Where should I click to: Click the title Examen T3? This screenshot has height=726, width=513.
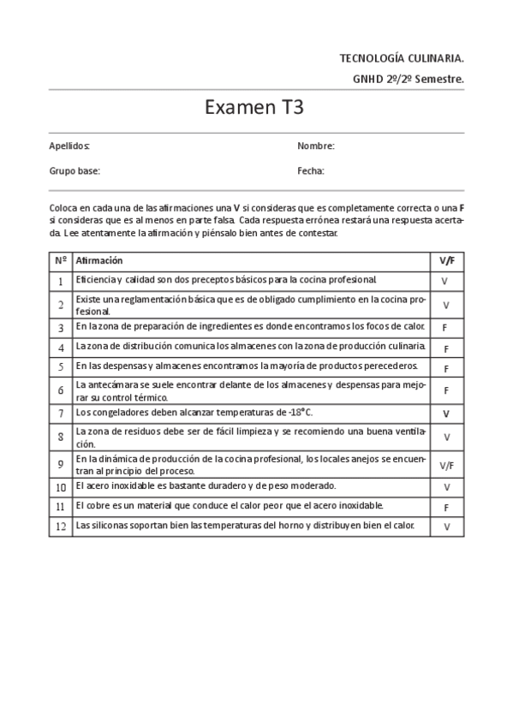254,109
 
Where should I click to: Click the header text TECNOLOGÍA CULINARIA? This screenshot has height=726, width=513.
402,58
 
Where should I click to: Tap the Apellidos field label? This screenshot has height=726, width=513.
69,146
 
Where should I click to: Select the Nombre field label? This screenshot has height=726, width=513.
315,146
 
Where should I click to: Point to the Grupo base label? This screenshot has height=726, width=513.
75,171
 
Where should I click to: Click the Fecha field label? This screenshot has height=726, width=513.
311,171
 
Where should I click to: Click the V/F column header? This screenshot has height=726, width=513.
445,260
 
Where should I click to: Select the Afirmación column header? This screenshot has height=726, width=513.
99,260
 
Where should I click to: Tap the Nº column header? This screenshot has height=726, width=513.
61,260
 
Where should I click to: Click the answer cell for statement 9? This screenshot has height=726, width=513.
445,467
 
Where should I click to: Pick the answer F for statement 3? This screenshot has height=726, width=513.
445,328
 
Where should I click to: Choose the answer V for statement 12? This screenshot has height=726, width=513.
445,527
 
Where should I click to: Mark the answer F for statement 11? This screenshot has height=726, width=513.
445,507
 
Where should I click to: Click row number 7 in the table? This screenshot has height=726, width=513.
61,414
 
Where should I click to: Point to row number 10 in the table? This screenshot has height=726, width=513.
61,487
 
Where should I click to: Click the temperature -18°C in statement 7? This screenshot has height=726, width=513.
298,413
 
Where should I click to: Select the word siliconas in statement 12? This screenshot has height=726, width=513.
106,525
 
